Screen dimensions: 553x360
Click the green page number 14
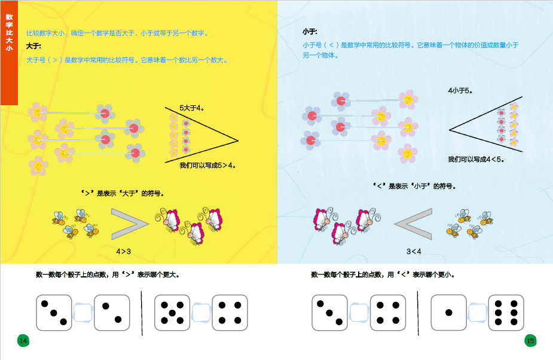23,341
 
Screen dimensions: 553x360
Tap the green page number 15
530,341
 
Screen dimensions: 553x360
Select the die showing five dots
172,313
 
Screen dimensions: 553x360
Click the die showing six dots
506,313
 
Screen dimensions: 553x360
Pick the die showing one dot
448,313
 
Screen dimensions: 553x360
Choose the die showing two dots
112,313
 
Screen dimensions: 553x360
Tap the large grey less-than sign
413,224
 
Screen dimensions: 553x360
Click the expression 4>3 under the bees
123,252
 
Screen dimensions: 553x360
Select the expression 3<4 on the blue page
414,252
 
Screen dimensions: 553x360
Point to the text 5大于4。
191,108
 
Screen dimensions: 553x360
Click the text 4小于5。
460,91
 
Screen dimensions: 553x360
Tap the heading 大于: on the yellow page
33,46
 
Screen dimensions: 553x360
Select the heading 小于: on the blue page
310,32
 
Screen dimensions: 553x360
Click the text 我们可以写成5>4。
207,165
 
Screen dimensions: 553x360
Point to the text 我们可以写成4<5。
476,160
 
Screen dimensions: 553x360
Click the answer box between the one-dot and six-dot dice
478,313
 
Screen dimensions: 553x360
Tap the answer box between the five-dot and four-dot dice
201,313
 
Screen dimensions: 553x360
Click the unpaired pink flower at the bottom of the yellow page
38,166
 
